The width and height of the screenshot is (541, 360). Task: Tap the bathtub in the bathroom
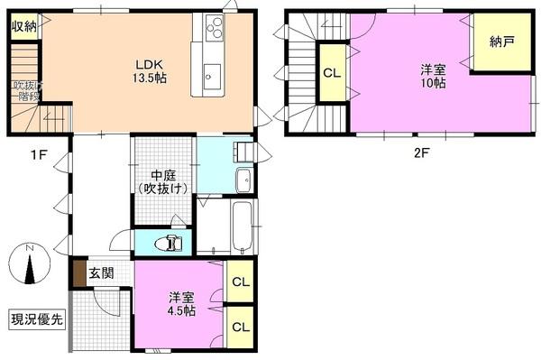pyautogui.click(x=239, y=227)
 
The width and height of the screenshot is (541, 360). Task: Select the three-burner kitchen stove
pyautogui.click(x=215, y=30)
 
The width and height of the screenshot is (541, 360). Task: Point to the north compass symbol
pyautogui.click(x=29, y=264)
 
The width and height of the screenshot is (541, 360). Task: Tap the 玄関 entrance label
pyautogui.click(x=101, y=273)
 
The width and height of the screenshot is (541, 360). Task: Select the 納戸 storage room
pyautogui.click(x=501, y=42)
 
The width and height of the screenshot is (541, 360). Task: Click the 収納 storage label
pyautogui.click(x=24, y=25)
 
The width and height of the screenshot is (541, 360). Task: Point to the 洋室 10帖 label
pyautogui.click(x=433, y=76)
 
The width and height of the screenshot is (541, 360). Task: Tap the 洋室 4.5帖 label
pyautogui.click(x=181, y=304)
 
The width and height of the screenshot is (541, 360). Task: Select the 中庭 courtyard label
pyautogui.click(x=163, y=180)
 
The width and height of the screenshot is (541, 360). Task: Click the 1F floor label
pyautogui.click(x=37, y=153)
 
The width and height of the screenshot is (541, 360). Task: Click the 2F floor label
pyautogui.click(x=421, y=152)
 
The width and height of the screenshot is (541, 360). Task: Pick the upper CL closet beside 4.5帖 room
pyautogui.click(x=240, y=282)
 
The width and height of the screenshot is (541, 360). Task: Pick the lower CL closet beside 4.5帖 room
pyautogui.click(x=240, y=327)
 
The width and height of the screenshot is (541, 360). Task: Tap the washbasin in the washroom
pyautogui.click(x=243, y=180)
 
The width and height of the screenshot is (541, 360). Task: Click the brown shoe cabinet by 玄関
pyautogui.click(x=79, y=273)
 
